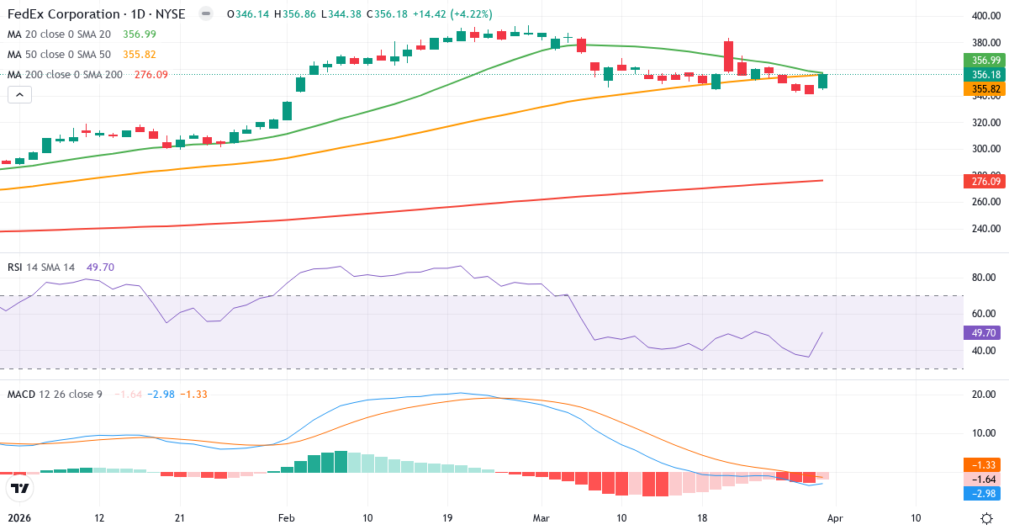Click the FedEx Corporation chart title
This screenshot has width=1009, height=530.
point(96,14)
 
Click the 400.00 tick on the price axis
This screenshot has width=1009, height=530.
point(984,16)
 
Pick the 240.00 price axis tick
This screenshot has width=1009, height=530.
point(984,229)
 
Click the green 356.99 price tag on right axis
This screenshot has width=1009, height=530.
point(985,61)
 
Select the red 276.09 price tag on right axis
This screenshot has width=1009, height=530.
point(985,181)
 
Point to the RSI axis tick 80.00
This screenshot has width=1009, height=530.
point(984,278)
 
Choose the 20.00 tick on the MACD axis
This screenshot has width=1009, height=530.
point(984,395)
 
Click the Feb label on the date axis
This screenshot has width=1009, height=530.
point(288,518)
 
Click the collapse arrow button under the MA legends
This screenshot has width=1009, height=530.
point(19,94)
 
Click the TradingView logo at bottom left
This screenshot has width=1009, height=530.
point(20,487)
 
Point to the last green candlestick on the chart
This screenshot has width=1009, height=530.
point(822,81)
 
